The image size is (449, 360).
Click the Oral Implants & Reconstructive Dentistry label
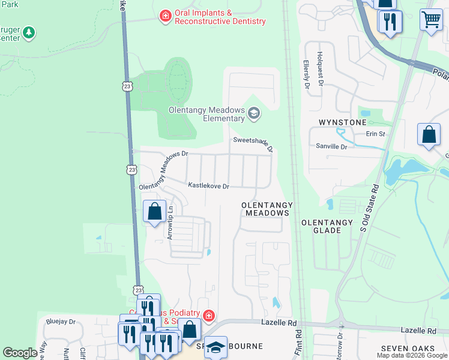[x=220, y=16]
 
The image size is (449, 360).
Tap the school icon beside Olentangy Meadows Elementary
[x=254, y=113]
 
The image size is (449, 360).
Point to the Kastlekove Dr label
[x=208, y=187]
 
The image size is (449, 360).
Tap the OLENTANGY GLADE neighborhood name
[x=327, y=226]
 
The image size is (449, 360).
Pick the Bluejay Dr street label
[x=61, y=322]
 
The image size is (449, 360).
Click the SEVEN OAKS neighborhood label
[x=407, y=349]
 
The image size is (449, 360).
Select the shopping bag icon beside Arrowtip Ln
[x=155, y=211]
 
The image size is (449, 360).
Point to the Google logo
[x=20, y=353]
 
